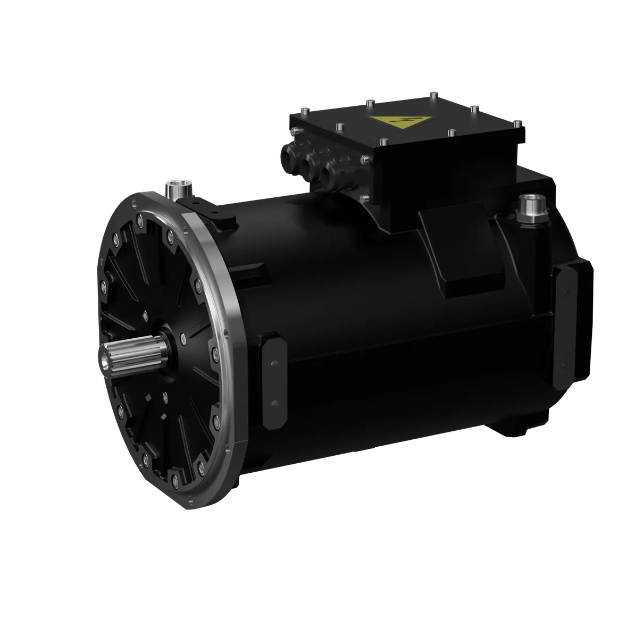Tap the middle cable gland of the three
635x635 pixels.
[x=312, y=164]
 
